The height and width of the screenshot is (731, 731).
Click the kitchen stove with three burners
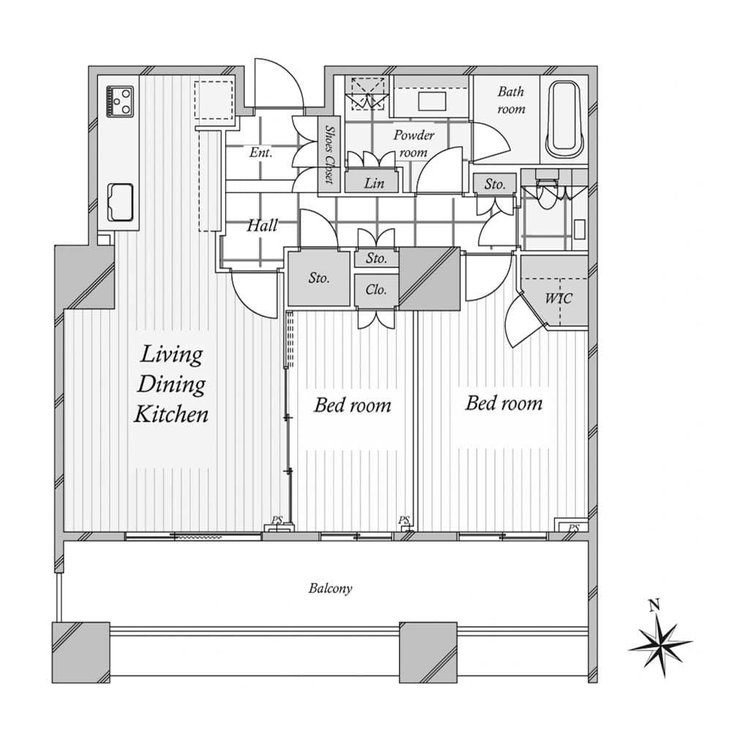click(121, 101)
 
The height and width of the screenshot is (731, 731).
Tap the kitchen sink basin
click(121, 202)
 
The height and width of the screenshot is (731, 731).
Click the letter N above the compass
click(654, 605)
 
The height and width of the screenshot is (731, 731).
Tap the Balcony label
click(330, 588)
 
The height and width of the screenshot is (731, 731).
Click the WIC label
click(558, 298)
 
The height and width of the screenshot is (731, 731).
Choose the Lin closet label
click(374, 183)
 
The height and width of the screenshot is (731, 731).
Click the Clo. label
click(376, 289)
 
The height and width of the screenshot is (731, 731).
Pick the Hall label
click(262, 226)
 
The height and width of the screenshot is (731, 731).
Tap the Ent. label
click(261, 152)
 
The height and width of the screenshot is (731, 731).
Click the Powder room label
click(414, 143)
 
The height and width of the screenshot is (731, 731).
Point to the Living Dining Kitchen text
click(171, 385)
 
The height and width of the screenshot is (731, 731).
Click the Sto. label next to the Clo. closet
click(376, 258)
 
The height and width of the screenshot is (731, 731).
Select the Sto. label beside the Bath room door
click(495, 183)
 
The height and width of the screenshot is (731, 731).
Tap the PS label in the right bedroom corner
click(574, 528)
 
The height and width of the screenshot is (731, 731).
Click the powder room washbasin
click(432, 101)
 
